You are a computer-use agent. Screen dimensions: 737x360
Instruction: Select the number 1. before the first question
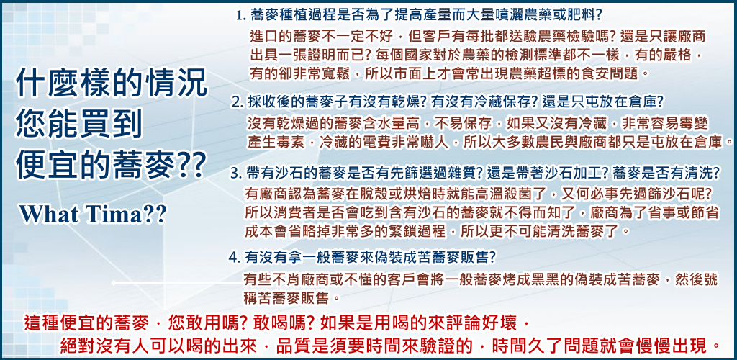[242, 16]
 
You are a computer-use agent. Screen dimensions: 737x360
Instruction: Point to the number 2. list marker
[238, 102]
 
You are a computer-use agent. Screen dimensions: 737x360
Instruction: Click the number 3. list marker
[236, 174]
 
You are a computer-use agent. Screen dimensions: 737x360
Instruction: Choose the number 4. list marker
[235, 257]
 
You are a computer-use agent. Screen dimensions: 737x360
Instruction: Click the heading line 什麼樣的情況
[112, 85]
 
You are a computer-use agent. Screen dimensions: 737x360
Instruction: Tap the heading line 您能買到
[79, 125]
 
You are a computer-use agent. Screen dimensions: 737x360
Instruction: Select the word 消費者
[291, 212]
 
